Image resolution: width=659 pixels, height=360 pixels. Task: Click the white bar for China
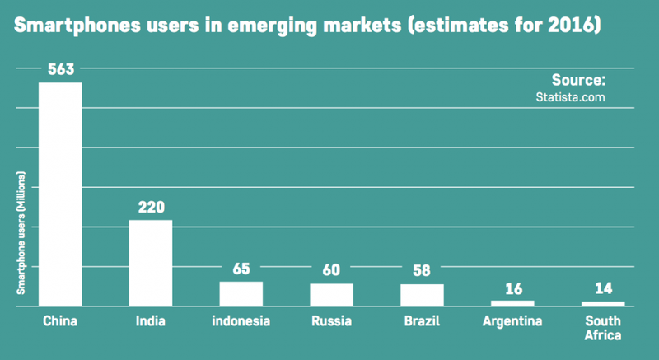click(x=60, y=194)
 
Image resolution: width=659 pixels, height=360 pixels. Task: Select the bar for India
click(x=151, y=263)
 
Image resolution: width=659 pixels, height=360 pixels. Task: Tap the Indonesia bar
click(x=241, y=293)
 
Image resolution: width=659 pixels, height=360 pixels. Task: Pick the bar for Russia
click(x=331, y=294)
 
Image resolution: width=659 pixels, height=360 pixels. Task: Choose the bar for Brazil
click(x=422, y=295)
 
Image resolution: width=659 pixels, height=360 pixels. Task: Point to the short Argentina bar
click(x=512, y=302)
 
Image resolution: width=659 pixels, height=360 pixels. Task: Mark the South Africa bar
click(x=603, y=303)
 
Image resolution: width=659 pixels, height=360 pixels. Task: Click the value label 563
click(x=60, y=71)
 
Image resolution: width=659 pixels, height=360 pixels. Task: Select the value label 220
click(x=151, y=208)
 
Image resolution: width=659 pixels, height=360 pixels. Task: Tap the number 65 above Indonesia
click(x=241, y=269)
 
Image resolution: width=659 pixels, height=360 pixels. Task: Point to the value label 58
click(x=422, y=271)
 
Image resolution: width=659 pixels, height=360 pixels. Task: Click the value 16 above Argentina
click(x=512, y=288)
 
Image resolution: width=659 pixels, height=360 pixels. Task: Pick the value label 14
click(x=603, y=289)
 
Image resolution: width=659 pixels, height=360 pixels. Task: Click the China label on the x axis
click(x=60, y=321)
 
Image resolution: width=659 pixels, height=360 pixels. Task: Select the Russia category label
click(x=331, y=321)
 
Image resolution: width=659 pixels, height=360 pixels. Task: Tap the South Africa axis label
click(x=603, y=328)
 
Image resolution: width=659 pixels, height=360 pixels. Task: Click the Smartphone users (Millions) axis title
click(x=22, y=234)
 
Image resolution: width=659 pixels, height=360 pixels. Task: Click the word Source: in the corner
click(x=578, y=81)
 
